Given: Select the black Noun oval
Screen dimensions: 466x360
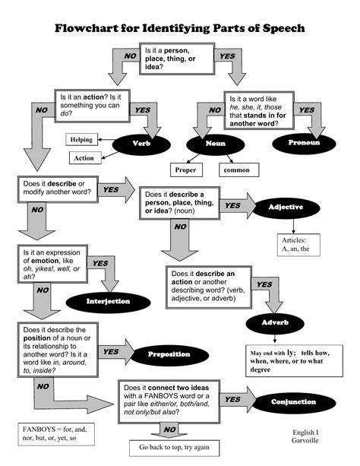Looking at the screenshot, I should tap(215, 144).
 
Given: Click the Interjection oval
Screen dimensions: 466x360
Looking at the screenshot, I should tap(109, 301).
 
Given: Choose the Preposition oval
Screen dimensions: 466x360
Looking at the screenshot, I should tap(169, 355).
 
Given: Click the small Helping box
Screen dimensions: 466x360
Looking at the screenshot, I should tap(81, 140).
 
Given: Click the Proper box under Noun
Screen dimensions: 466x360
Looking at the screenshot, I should tap(185, 170).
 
